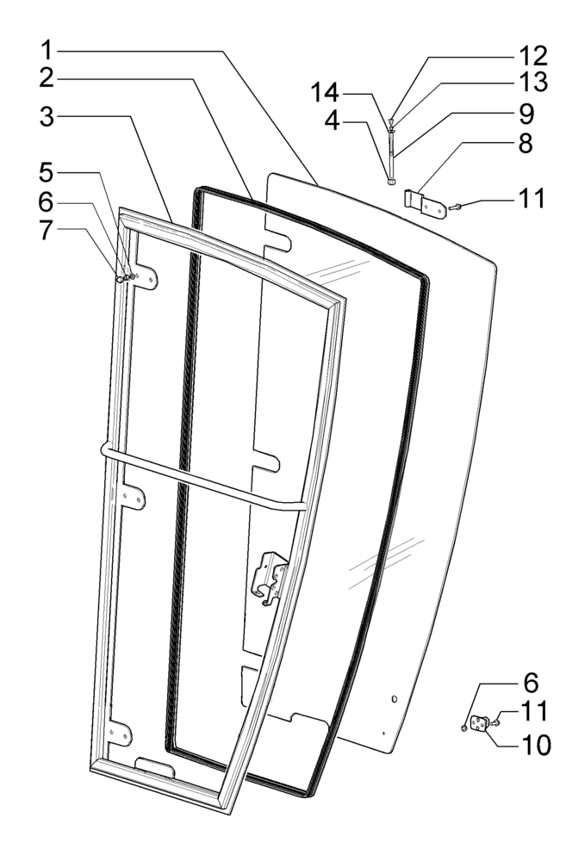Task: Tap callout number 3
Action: pyautogui.click(x=52, y=118)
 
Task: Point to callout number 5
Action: pyautogui.click(x=52, y=170)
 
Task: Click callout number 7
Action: pyautogui.click(x=52, y=232)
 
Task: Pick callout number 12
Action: pyautogui.click(x=531, y=57)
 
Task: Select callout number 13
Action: pyautogui.click(x=531, y=84)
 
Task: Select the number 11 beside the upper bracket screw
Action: pyautogui.click(x=531, y=198)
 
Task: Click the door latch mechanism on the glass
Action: pyautogui.click(x=269, y=575)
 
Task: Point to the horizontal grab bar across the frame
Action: pyautogui.click(x=202, y=479)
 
